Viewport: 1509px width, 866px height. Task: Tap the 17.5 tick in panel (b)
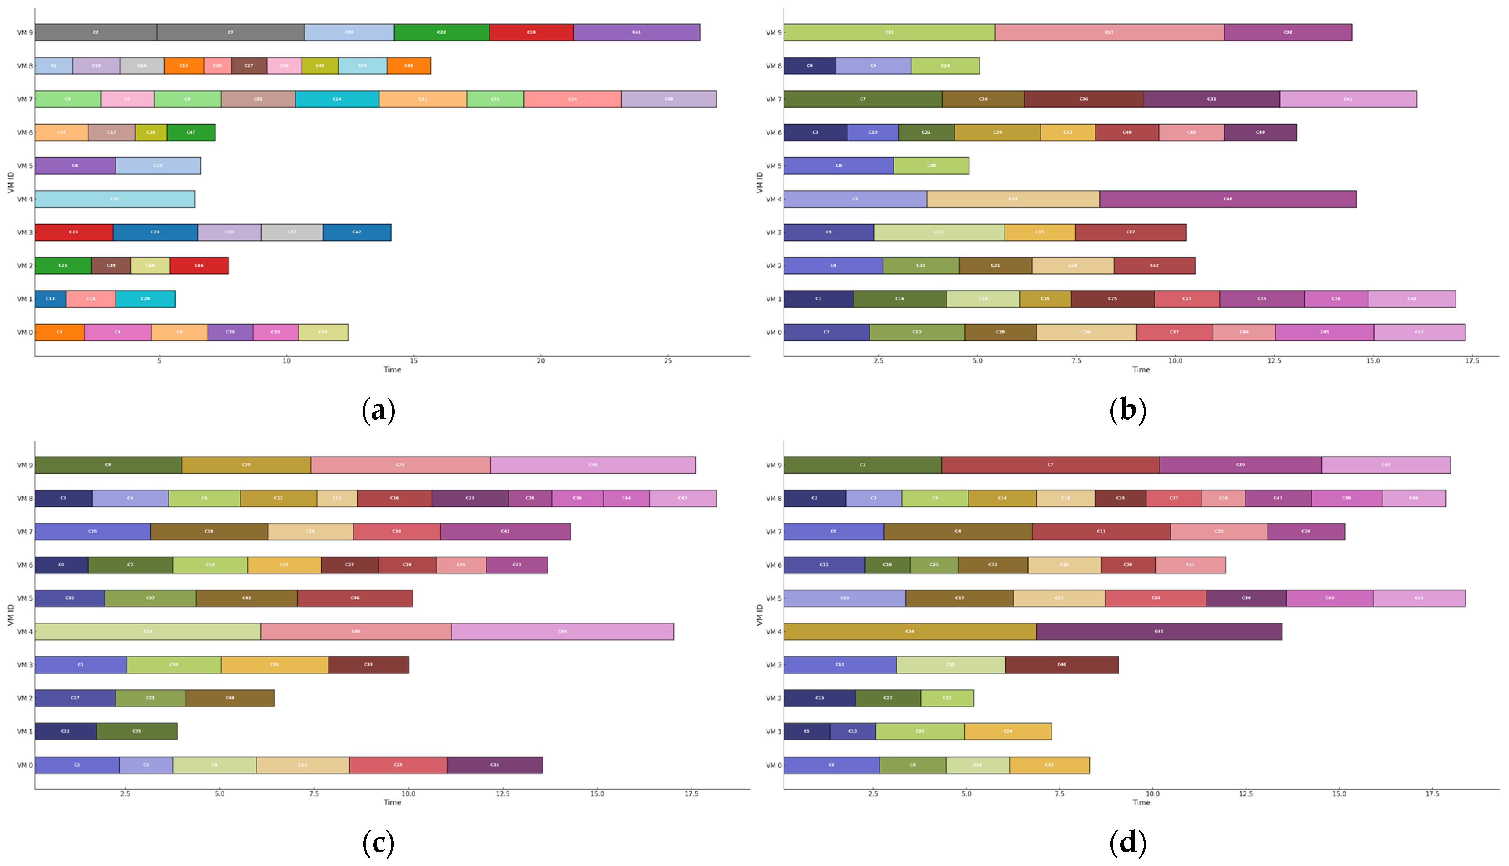[1472, 361]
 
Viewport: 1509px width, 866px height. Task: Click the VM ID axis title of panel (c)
[11, 615]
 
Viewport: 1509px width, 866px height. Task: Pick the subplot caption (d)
[1128, 843]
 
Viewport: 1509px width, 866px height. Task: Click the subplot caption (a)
[378, 410]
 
